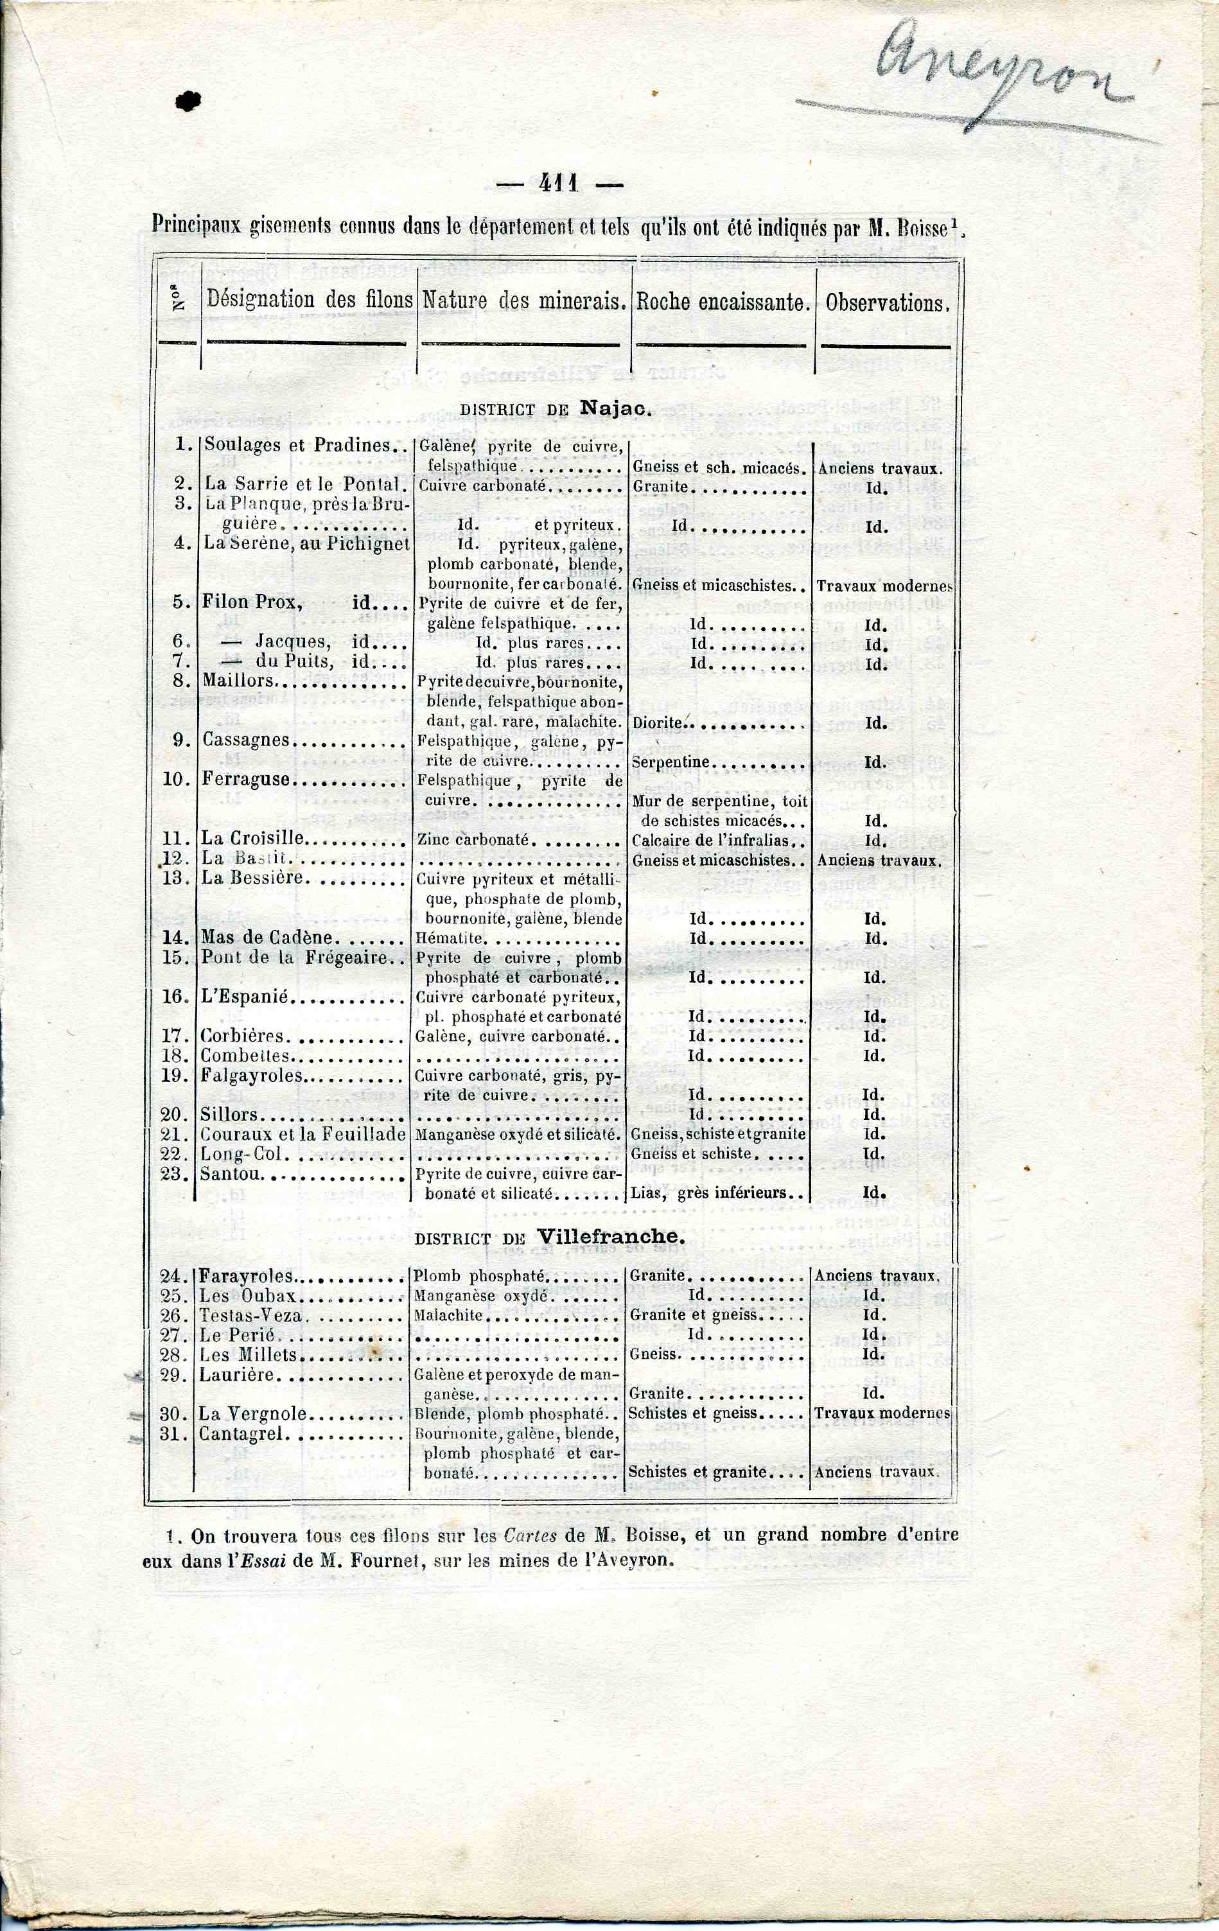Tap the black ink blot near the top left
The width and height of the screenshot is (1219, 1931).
[x=188, y=100]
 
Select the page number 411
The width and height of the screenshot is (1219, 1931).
[x=559, y=184]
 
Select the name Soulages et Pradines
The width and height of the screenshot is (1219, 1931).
[x=297, y=446]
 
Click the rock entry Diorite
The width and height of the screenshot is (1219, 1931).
[x=657, y=722]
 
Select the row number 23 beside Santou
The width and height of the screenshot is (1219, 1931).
[x=174, y=1175]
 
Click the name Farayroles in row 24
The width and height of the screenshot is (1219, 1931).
[x=246, y=1277]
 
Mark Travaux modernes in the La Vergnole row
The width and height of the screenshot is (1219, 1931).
[x=881, y=1413]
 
